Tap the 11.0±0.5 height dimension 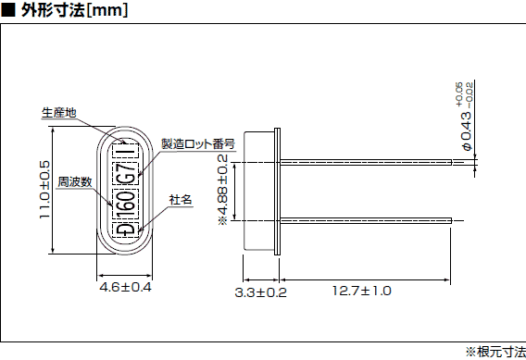(44, 190)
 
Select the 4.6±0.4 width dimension (125, 289)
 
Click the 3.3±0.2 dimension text (261, 292)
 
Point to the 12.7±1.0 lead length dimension (362, 292)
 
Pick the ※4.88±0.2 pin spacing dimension (222, 191)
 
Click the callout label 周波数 (74, 181)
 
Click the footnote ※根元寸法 (495, 351)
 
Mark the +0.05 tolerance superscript (458, 93)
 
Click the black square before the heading (7, 11)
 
